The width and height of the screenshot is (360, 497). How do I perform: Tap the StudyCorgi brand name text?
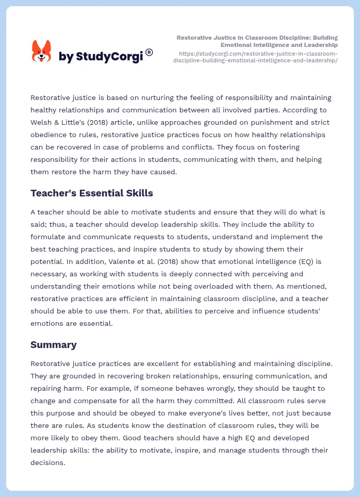point(101,57)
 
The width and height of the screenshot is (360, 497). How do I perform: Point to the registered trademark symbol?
point(149,52)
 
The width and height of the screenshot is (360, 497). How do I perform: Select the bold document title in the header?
point(257,41)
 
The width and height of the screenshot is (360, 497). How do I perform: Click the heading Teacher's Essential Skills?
point(91,193)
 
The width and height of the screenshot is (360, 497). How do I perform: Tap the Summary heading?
point(53,344)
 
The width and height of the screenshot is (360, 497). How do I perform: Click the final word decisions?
point(47,462)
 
